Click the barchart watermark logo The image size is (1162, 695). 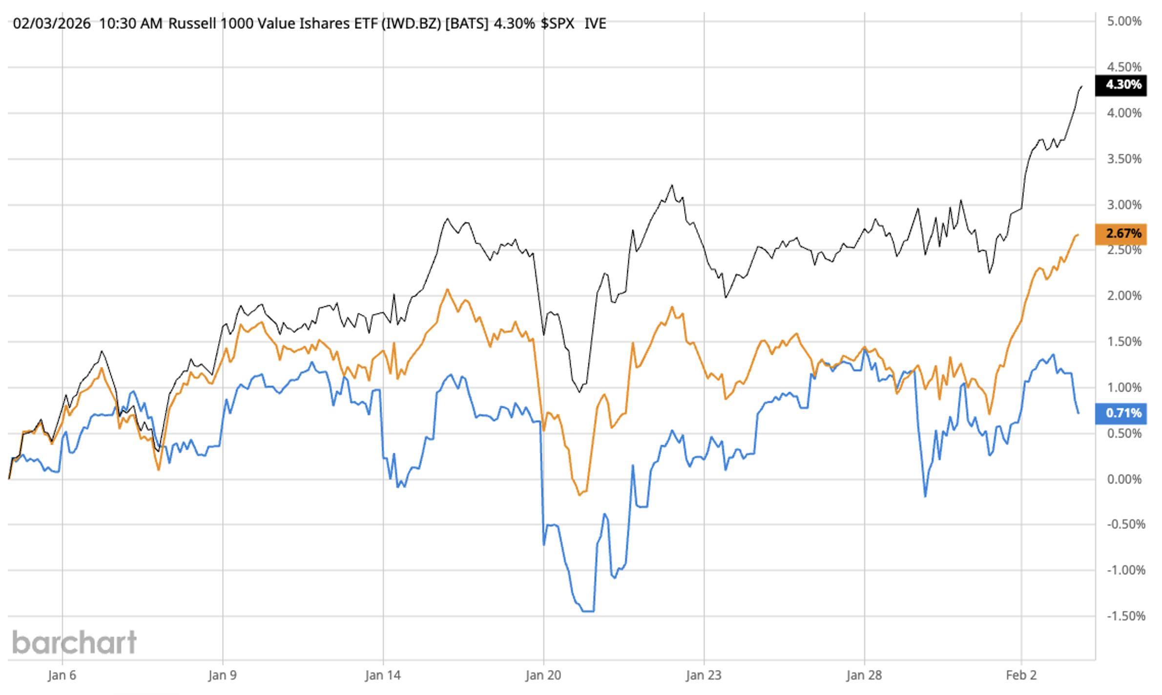74,642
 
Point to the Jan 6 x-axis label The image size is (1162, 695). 62,675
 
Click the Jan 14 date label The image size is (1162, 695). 383,675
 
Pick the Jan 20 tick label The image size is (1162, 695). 543,675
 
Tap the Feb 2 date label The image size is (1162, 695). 1021,675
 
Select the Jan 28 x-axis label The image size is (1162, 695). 864,675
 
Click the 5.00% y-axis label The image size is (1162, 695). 1124,21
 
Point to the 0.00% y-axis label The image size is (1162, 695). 1124,479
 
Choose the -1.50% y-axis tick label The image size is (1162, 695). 1125,616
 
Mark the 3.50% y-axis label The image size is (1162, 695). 1124,159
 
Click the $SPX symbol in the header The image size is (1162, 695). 557,23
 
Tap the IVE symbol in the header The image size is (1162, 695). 595,23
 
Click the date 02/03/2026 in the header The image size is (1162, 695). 52,23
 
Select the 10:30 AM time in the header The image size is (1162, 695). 130,23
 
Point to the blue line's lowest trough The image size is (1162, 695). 588,611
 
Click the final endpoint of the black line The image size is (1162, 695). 1082,86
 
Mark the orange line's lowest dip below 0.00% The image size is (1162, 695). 580,495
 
